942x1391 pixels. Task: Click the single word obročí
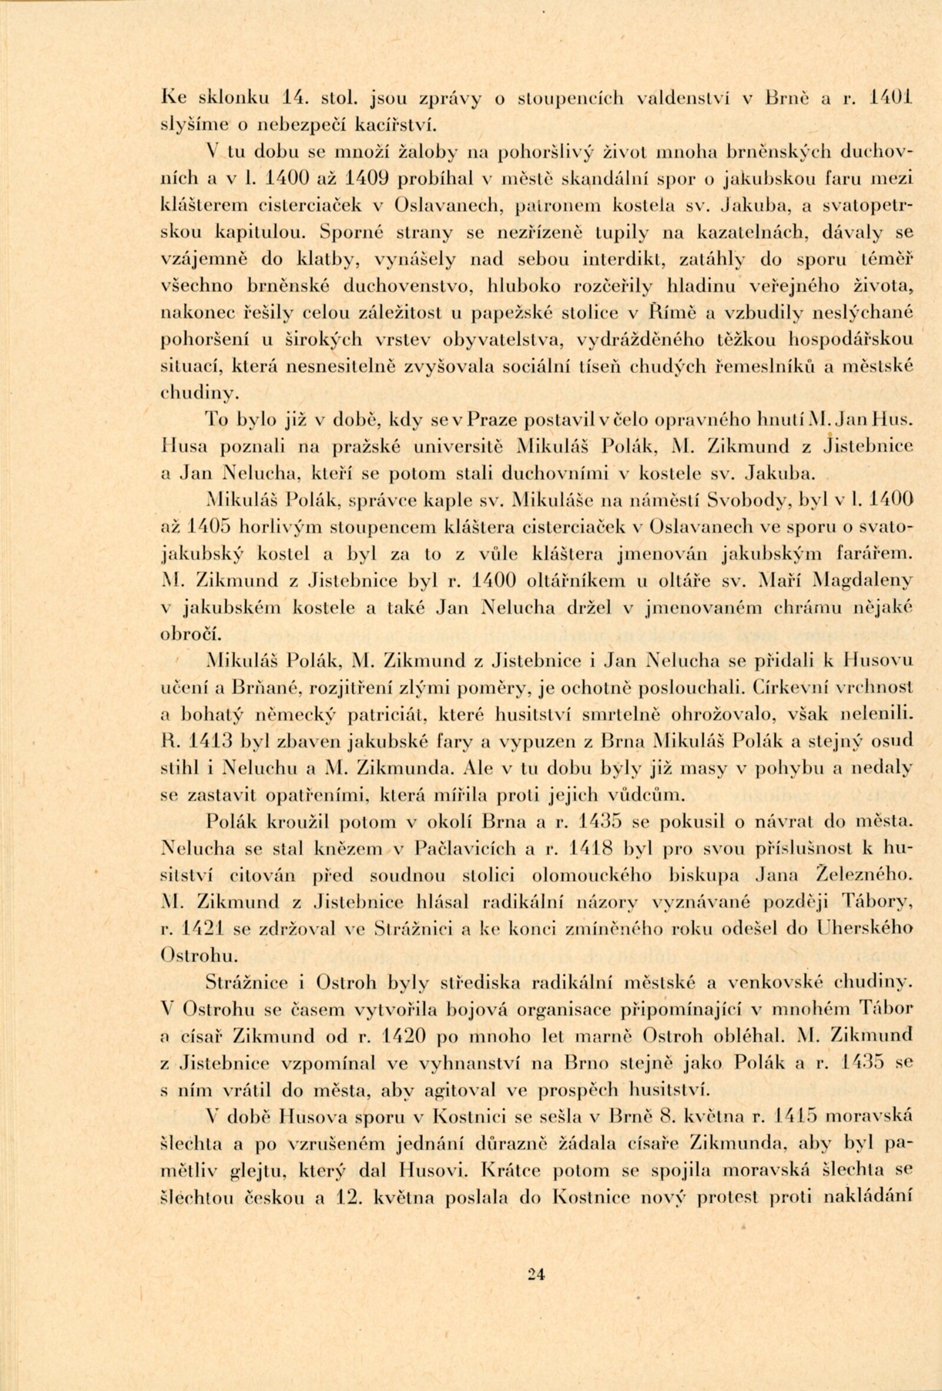coord(188,633)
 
